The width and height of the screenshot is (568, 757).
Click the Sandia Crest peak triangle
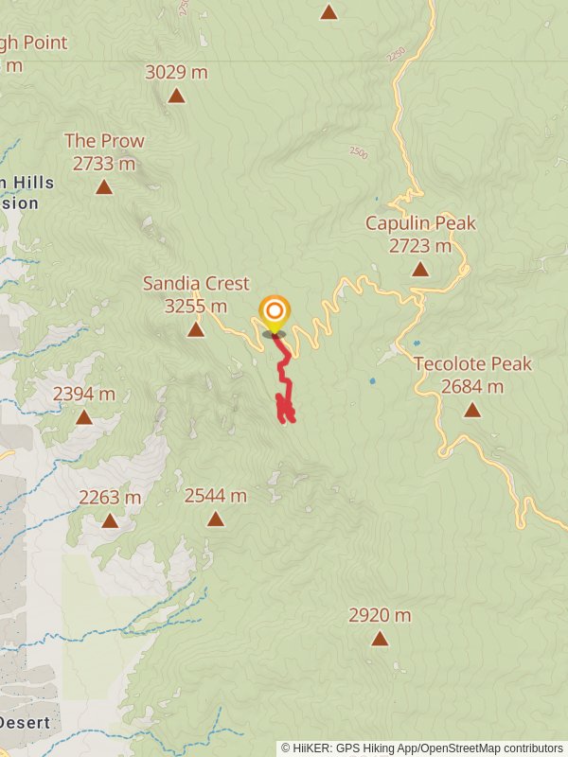[196, 329]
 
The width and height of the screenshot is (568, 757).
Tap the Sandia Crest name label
[196, 284]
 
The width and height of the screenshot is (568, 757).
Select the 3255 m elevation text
[196, 306]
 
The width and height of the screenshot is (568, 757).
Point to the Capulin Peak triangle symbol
[420, 270]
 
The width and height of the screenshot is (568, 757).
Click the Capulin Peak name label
[420, 223]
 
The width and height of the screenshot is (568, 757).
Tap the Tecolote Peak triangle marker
[472, 410]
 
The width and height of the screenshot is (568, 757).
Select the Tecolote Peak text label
[472, 364]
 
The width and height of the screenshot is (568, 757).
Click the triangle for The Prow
[104, 187]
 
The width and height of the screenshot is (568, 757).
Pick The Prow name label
[104, 141]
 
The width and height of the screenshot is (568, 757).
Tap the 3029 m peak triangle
[176, 96]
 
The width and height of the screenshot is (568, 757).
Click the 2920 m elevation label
[380, 615]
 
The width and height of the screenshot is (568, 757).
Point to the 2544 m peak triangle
[216, 519]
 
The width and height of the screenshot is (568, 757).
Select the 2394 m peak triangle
[84, 417]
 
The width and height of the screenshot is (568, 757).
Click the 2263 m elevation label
[110, 497]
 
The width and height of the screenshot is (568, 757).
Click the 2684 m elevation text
[472, 386]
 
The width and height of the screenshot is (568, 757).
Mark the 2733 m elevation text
[104, 163]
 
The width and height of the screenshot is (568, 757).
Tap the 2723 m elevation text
[420, 246]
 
